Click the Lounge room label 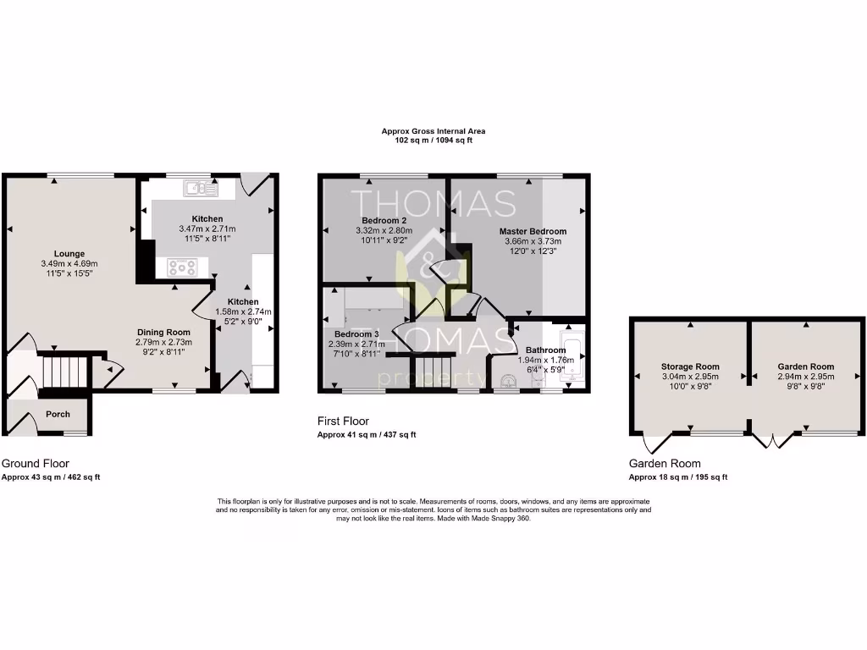tap(69, 253)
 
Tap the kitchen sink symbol tap(201, 188)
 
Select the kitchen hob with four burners tap(183, 267)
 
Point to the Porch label tap(58, 414)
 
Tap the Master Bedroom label tap(533, 231)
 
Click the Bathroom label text tap(545, 350)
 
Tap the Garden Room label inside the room tap(805, 366)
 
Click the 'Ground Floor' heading tap(35, 464)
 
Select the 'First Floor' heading tap(343, 421)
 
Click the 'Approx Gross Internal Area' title tap(433, 131)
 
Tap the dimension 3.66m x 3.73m tap(533, 241)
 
